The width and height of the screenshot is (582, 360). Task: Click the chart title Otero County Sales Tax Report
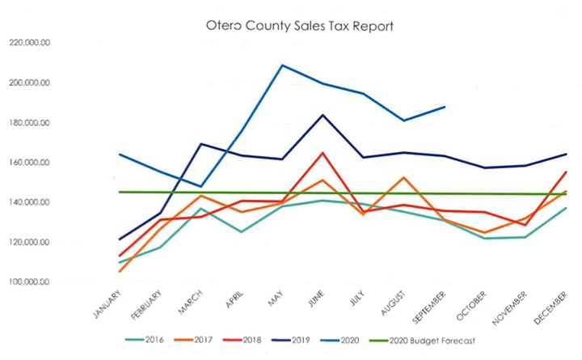(300, 27)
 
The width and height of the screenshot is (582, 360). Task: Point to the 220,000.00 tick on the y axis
(29, 43)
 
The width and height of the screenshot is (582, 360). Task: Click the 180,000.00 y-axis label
(29, 123)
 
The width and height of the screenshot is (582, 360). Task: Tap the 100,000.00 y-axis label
(29, 282)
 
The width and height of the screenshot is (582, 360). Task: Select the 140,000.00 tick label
(29, 202)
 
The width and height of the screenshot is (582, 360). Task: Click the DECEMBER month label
(550, 307)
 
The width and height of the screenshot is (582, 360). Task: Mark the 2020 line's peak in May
(282, 65)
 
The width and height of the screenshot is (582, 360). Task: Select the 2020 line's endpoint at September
(445, 107)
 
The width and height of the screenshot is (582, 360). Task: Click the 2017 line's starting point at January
(120, 272)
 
